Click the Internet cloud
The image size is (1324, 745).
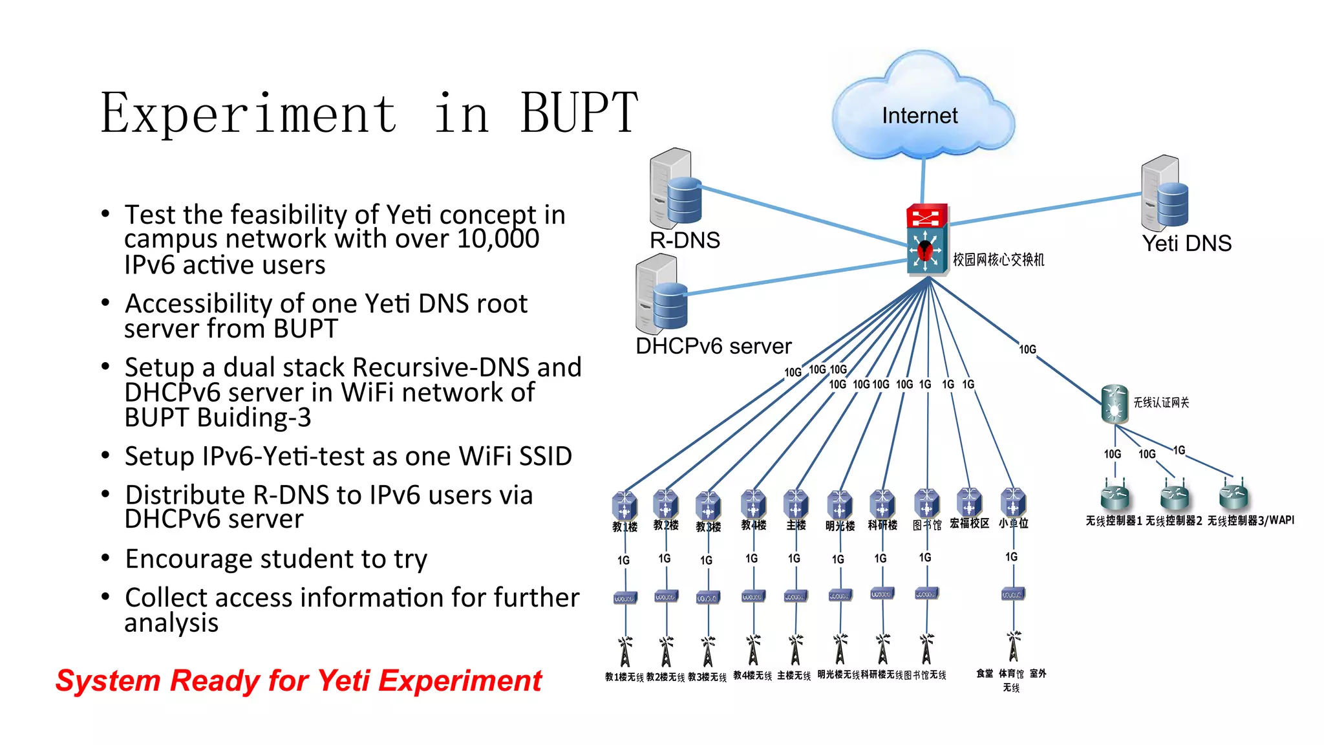click(x=921, y=110)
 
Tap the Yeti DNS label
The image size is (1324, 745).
click(x=1186, y=244)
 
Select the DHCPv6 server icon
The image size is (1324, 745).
click(x=661, y=294)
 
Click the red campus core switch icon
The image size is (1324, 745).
click(x=926, y=239)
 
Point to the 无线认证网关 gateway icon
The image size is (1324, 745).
click(x=1114, y=404)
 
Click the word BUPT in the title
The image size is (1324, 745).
click(x=579, y=114)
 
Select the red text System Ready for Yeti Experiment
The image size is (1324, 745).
click(x=299, y=681)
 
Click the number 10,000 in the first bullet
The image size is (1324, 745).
click(x=498, y=239)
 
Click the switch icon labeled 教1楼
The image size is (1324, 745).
click(x=624, y=504)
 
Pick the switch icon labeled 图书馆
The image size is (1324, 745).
click(x=926, y=502)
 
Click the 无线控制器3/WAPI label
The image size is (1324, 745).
click(x=1250, y=521)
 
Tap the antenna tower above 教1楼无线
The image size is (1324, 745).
click(x=625, y=651)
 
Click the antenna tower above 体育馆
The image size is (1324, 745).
click(x=1013, y=647)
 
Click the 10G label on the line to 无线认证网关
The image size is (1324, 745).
click(x=1027, y=350)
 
